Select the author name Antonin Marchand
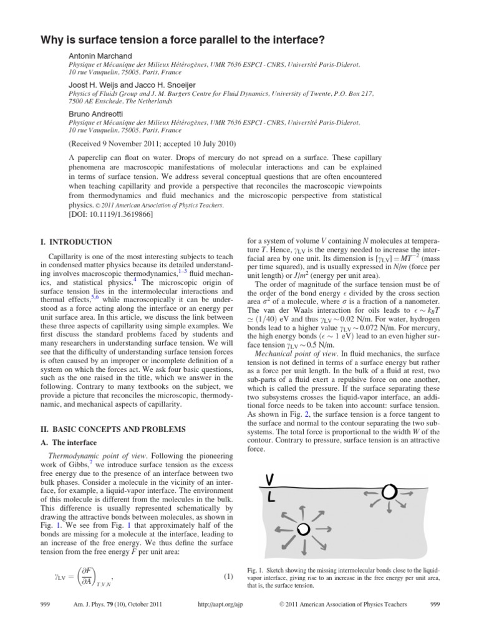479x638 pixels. [98, 56]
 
